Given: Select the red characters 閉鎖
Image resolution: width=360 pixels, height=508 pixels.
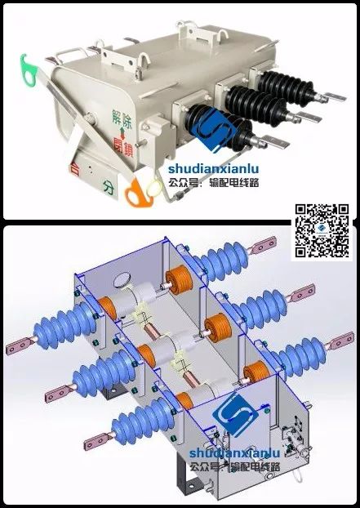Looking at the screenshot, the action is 123,147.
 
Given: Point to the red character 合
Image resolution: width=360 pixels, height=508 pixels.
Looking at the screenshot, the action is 74,169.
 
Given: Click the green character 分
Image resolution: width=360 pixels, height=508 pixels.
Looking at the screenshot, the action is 109,187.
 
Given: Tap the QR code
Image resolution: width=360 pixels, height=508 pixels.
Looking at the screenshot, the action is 322,230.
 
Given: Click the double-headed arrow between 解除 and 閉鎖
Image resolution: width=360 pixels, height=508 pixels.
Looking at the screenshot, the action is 122,133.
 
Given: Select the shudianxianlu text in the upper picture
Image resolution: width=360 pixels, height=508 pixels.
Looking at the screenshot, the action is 213,168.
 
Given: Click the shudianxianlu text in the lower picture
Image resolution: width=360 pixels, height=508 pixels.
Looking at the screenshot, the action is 235,452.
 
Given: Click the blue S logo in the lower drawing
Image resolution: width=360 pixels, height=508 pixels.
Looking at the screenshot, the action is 235,414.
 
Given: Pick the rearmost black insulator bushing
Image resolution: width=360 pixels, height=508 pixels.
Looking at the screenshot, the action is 286,85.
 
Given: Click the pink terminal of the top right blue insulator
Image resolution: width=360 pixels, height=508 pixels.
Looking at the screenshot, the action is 263,245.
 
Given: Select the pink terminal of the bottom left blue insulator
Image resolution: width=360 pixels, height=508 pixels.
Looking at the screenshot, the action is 97,441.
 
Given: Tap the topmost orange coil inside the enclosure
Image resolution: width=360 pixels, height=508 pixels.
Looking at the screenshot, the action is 179,279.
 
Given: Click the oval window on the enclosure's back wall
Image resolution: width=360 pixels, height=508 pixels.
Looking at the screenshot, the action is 122,279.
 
